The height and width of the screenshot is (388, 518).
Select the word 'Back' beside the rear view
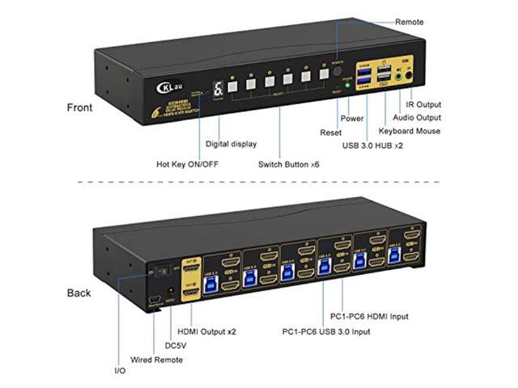tap(79, 293)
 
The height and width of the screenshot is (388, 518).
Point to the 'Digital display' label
tap(231, 144)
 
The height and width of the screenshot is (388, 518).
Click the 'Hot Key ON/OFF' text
tap(187, 164)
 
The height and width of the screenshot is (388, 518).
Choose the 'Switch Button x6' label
tap(286, 164)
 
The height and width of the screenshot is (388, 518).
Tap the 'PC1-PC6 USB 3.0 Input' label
tap(328, 331)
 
